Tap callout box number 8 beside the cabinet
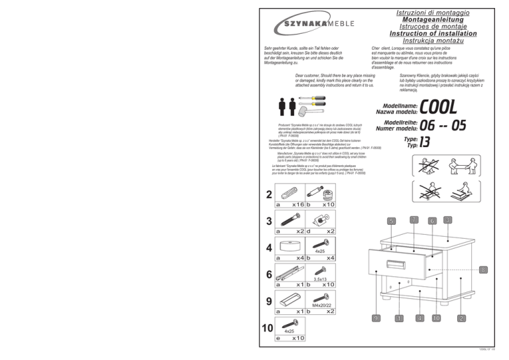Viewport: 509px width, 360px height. click(x=484, y=270)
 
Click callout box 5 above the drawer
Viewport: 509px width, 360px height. click(x=391, y=221)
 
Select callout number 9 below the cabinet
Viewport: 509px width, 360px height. click(x=376, y=318)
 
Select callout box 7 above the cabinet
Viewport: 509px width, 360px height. click(x=414, y=219)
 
